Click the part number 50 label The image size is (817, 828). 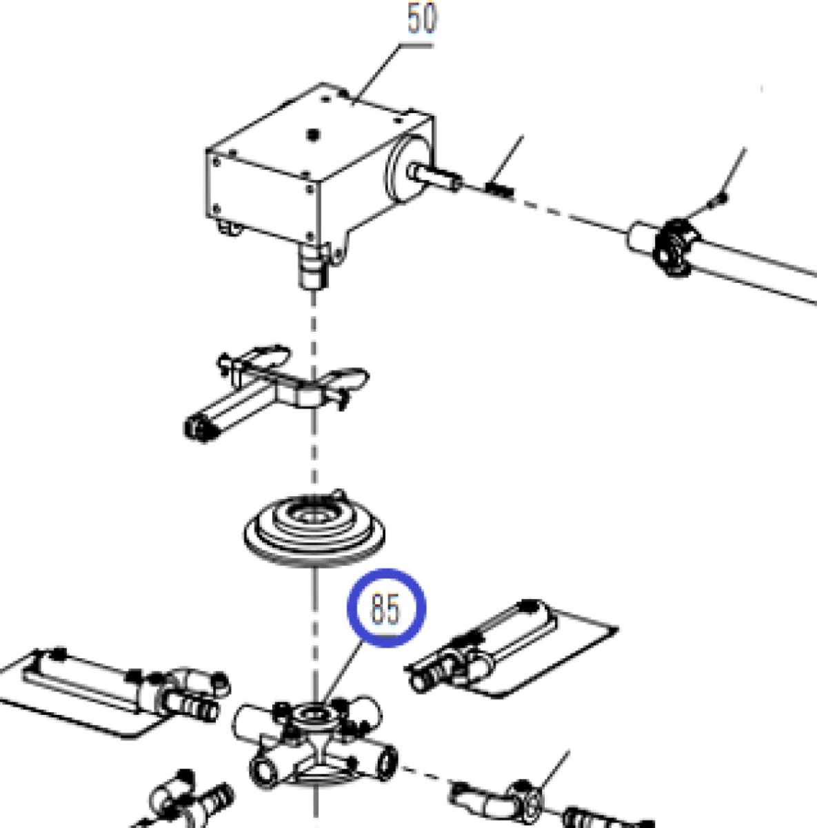422,18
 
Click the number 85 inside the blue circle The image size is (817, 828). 385,608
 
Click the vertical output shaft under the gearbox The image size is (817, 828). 314,266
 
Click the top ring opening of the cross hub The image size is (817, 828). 314,714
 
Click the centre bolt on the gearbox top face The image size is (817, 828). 314,135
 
